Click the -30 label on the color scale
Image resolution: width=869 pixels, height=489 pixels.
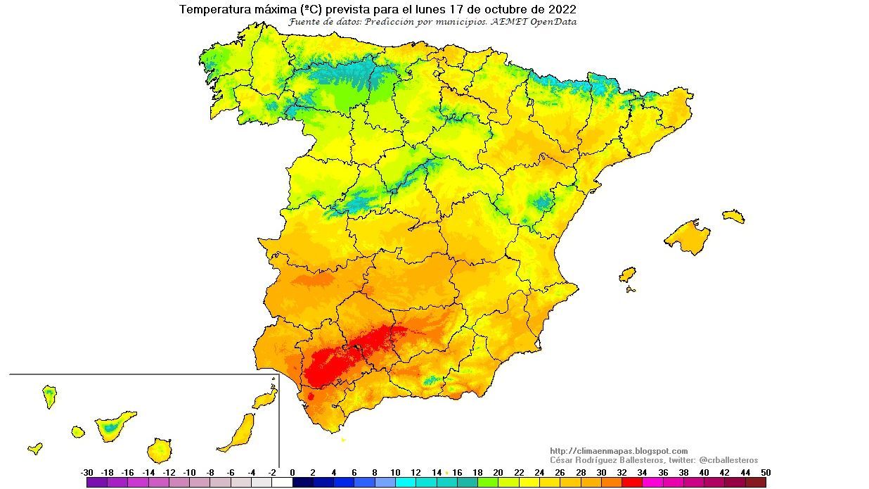click(87, 472)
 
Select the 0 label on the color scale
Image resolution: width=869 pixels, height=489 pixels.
click(292, 472)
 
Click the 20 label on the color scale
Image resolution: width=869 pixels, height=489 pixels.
click(498, 472)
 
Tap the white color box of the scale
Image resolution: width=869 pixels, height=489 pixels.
click(282, 483)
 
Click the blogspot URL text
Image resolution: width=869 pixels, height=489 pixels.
click(619, 451)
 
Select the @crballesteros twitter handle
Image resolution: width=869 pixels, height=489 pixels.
click(728, 459)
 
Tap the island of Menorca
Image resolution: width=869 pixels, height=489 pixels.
click(733, 216)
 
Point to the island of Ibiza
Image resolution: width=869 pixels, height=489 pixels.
click(627, 274)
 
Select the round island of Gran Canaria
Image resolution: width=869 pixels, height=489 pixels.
click(160, 450)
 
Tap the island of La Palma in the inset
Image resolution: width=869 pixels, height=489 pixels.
click(49, 396)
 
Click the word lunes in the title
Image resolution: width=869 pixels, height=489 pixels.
click(430, 10)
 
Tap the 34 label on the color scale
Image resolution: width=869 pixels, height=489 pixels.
click(641, 472)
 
